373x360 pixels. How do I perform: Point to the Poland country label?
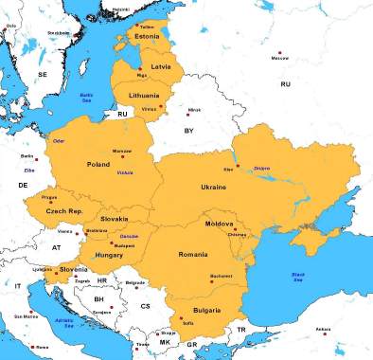coord(99,164)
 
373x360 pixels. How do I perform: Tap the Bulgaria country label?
coord(206,310)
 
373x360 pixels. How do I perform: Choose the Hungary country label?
coord(110,255)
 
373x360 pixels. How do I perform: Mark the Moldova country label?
coord(219,225)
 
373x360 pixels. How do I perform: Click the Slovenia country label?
coord(74,269)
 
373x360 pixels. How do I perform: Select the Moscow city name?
coord(279,59)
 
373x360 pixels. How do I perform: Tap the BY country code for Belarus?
coord(188,131)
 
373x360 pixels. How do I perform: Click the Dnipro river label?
coord(262,168)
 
